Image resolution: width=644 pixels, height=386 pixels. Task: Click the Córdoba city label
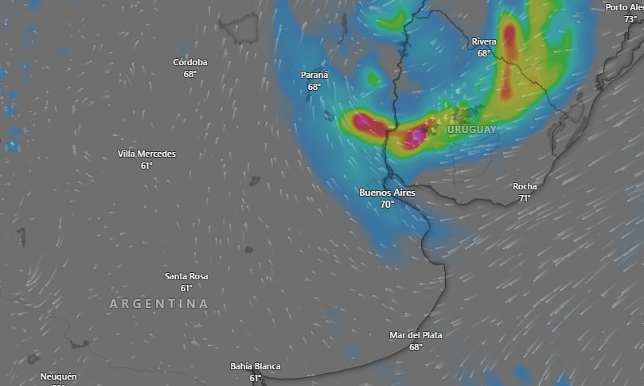click(190, 62)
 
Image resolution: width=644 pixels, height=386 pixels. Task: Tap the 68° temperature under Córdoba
click(190, 74)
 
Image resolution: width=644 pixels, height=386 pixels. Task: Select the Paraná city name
click(314, 75)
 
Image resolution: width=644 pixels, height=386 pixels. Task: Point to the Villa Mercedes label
click(146, 154)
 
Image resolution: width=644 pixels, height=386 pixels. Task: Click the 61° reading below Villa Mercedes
click(146, 166)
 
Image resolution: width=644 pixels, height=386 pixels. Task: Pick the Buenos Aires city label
click(387, 192)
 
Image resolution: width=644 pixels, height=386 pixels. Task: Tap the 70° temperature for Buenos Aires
click(387, 204)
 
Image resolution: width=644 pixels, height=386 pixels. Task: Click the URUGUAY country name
click(471, 129)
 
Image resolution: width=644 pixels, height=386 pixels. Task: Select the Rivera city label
click(484, 41)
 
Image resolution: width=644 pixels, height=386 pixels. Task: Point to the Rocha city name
click(525, 186)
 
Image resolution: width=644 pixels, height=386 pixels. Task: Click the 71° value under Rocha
click(525, 198)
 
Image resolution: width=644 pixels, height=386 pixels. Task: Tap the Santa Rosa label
click(186, 276)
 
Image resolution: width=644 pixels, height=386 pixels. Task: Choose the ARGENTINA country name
click(159, 304)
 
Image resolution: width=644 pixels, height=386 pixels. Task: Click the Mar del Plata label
click(416, 335)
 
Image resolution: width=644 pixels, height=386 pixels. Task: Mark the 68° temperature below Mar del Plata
click(416, 347)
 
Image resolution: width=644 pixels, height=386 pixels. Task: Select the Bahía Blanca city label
click(256, 366)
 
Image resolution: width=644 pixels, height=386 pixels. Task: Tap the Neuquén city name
click(58, 376)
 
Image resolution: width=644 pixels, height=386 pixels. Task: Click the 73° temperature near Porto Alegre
click(630, 19)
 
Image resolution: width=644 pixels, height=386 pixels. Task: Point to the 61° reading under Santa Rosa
click(186, 288)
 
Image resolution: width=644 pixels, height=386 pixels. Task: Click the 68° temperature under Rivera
click(484, 53)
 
